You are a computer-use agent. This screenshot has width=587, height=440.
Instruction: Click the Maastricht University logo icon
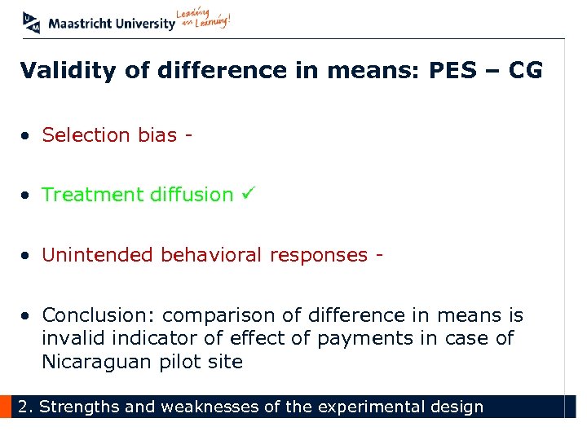31,22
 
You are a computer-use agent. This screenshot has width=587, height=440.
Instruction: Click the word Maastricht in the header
80,24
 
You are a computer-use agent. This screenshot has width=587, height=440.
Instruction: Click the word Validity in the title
69,71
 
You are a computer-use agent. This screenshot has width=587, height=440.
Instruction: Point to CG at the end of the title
525,71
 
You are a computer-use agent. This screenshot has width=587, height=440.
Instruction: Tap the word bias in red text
157,134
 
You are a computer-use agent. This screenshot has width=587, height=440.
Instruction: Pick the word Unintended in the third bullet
98,255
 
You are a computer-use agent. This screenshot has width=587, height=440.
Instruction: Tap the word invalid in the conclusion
71,338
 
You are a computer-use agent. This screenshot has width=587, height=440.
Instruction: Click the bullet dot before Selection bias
27,135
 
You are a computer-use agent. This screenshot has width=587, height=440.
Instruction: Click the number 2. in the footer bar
26,407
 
